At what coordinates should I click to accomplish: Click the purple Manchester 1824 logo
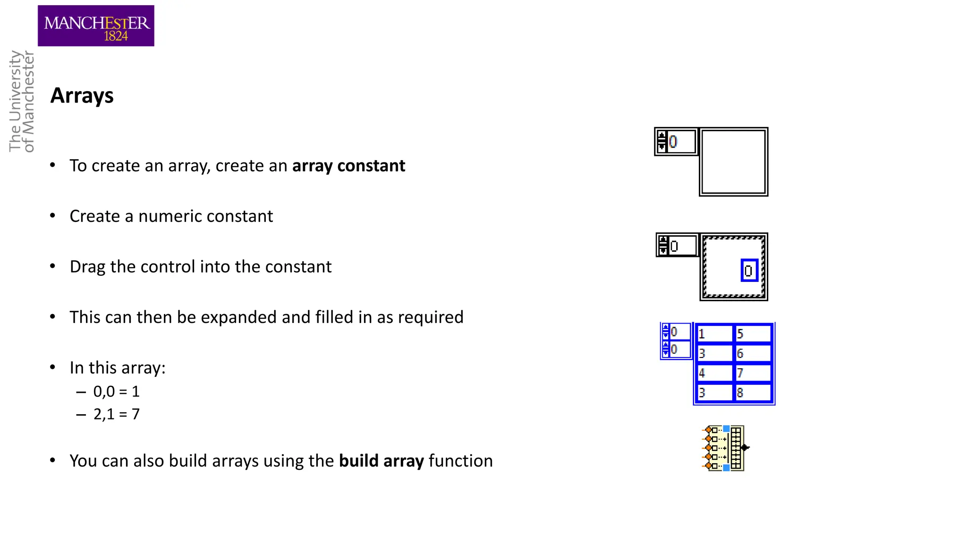[x=96, y=26]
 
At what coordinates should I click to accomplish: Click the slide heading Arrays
[x=82, y=95]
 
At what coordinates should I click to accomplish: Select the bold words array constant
[x=348, y=166]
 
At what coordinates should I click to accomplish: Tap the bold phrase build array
[x=381, y=461]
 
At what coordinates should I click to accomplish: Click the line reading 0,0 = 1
[x=116, y=391]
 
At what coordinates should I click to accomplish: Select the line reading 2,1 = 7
[x=116, y=414]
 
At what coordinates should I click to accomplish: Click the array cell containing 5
[x=753, y=334]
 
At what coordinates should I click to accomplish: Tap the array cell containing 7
[x=753, y=373]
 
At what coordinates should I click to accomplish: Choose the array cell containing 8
[x=753, y=392]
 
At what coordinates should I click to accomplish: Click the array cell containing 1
[x=714, y=334]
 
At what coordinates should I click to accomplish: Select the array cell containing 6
[x=753, y=353]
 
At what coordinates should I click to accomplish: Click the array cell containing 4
[x=714, y=373]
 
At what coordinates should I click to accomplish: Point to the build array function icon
[x=724, y=448]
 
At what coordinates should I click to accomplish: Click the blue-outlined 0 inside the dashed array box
[x=749, y=271]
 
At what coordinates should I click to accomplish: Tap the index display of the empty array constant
[x=676, y=141]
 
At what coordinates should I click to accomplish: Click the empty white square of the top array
[x=733, y=162]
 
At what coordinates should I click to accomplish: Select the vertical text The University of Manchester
[x=22, y=102]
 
